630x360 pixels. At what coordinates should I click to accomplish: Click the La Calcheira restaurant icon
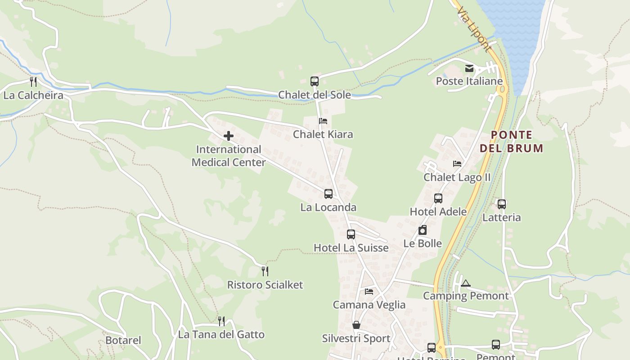tap(33, 81)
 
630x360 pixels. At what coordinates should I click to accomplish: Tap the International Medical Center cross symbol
tap(229, 135)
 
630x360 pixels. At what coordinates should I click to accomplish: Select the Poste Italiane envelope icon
tap(469, 68)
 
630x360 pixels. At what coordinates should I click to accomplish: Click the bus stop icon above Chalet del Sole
tap(315, 81)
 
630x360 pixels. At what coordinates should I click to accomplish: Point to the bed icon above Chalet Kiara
tap(323, 121)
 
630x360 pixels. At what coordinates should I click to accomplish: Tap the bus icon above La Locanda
tap(328, 194)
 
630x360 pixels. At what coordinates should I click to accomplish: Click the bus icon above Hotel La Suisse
tap(351, 234)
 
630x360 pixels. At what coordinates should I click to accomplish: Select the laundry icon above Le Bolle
tap(422, 230)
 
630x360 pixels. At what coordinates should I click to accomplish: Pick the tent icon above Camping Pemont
tap(466, 283)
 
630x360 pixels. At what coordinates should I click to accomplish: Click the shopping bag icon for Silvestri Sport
tap(356, 325)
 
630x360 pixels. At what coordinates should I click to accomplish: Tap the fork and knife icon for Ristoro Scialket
tap(265, 271)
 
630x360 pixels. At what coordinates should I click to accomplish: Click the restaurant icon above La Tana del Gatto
tap(221, 321)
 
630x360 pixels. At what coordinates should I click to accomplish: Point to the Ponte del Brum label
tap(511, 141)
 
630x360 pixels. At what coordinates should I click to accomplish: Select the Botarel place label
tap(123, 340)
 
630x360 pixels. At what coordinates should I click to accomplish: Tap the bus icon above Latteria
tap(502, 204)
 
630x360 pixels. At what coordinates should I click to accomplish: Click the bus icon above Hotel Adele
tap(438, 198)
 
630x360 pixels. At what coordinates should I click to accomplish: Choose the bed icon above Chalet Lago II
tap(457, 164)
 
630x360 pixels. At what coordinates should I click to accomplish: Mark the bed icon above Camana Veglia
tap(369, 292)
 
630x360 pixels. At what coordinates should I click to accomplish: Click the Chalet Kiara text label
tap(323, 134)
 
